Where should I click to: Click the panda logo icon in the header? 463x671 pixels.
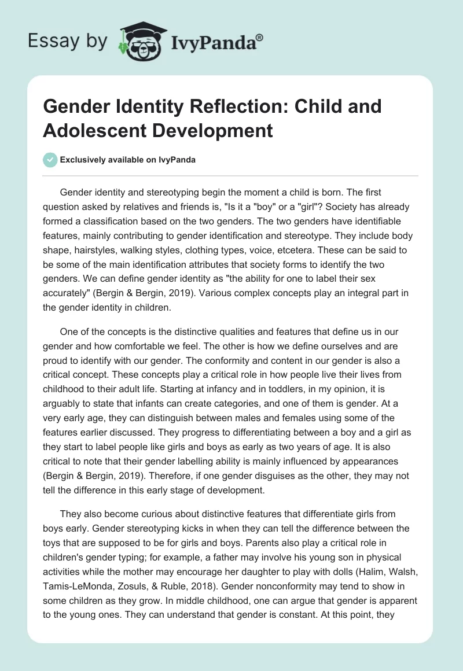[x=138, y=41]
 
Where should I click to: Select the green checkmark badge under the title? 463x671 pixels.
[x=50, y=160]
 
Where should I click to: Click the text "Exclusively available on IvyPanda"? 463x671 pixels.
[x=128, y=160]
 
